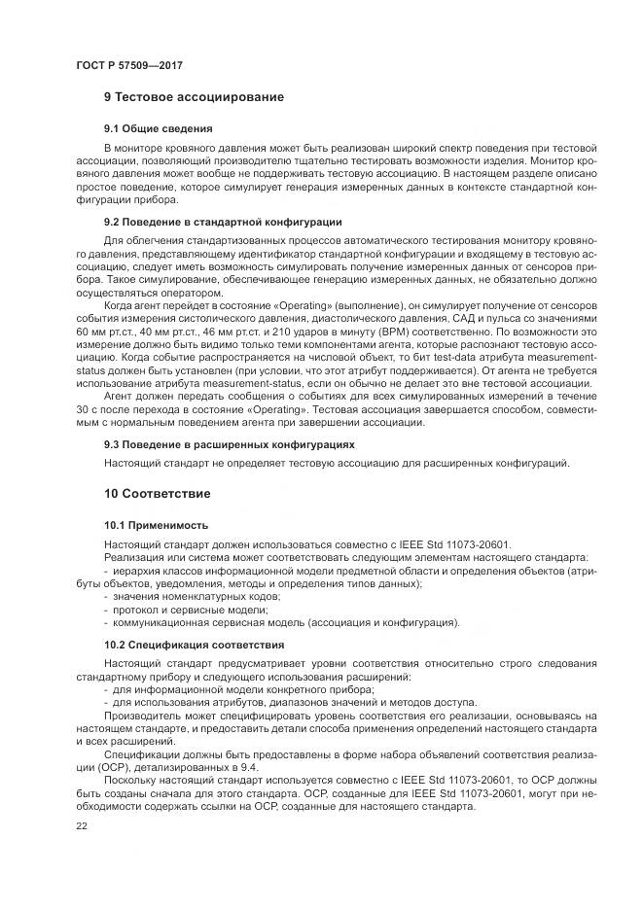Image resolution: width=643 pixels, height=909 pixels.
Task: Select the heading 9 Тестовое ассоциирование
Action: [x=194, y=98]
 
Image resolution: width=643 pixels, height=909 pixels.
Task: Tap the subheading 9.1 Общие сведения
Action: [x=159, y=128]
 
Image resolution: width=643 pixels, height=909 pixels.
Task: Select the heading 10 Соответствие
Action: [x=160, y=494]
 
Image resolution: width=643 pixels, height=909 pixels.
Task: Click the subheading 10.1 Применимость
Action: [x=156, y=525]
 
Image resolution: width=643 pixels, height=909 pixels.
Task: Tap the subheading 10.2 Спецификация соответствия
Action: [x=194, y=645]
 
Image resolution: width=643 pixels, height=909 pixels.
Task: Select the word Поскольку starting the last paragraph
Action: [x=132, y=781]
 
